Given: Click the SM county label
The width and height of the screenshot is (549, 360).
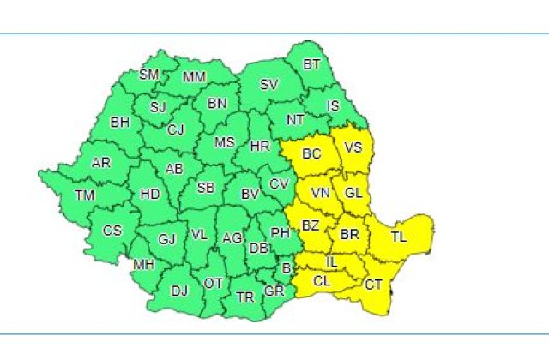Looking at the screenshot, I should pyautogui.click(x=149, y=75).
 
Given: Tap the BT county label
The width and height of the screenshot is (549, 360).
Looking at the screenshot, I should pyautogui.click(x=312, y=64).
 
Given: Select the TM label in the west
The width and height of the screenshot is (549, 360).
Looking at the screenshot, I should pyautogui.click(x=84, y=195).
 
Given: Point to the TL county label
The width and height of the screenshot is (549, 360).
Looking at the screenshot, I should pyautogui.click(x=399, y=236).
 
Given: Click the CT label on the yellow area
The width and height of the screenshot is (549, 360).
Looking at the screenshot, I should pyautogui.click(x=374, y=284).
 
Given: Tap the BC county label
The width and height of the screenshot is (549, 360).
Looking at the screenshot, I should pyautogui.click(x=312, y=153).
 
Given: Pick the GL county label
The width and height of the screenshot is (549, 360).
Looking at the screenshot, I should pyautogui.click(x=353, y=192).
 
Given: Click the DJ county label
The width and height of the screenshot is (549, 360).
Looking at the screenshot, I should pyautogui.click(x=178, y=291).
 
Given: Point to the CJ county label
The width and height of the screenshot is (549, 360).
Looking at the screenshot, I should pyautogui.click(x=176, y=129).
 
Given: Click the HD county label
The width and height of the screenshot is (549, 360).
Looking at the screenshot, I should pyautogui.click(x=150, y=194).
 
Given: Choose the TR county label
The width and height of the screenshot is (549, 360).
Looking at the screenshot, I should pyautogui.click(x=245, y=297).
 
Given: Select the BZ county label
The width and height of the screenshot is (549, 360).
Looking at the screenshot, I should pyautogui.click(x=310, y=225).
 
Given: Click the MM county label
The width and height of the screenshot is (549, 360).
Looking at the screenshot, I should pyautogui.click(x=195, y=77).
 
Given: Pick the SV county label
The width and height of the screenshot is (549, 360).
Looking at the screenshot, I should pyautogui.click(x=268, y=84).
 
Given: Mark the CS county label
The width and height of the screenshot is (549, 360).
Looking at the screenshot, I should pyautogui.click(x=112, y=230).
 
